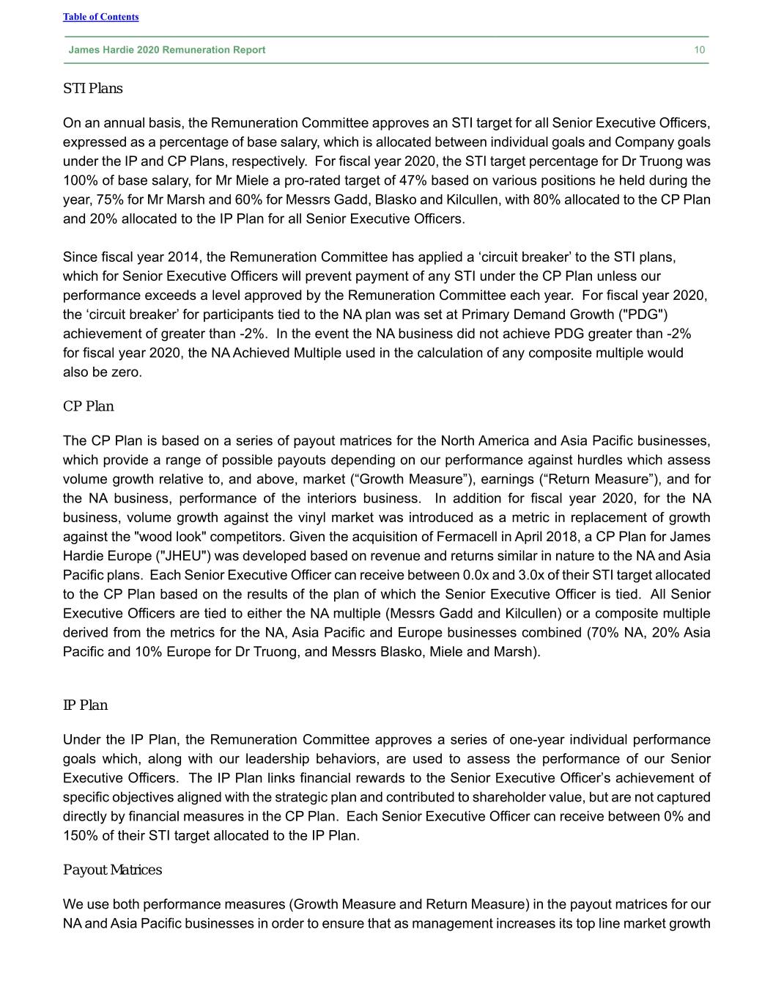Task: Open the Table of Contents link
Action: [100, 17]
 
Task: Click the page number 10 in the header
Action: [700, 50]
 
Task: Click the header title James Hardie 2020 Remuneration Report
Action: [167, 50]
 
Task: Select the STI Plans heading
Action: [93, 89]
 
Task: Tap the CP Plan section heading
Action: [89, 406]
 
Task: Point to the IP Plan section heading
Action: [85, 705]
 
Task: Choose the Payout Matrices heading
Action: [112, 870]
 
